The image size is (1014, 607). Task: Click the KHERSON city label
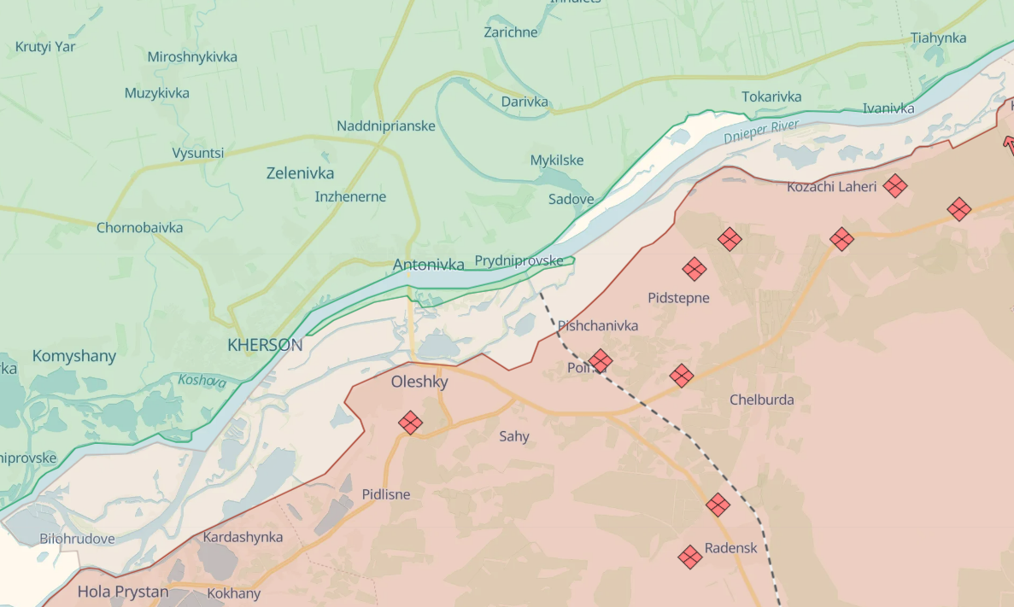pyautogui.click(x=265, y=345)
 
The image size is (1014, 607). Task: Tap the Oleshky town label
pyautogui.click(x=419, y=382)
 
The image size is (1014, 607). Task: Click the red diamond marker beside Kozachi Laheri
pyautogui.click(x=894, y=185)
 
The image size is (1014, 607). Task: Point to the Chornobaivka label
pyautogui.click(x=139, y=228)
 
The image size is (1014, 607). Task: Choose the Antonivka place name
pyautogui.click(x=429, y=265)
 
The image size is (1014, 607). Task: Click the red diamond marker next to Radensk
pyautogui.click(x=690, y=557)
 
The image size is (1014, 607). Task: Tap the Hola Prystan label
pyautogui.click(x=123, y=591)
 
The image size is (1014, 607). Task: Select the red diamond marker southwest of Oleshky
pyautogui.click(x=410, y=423)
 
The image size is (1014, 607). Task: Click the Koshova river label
pyautogui.click(x=202, y=381)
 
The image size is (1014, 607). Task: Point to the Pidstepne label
pyautogui.click(x=678, y=298)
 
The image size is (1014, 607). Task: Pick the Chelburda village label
pyautogui.click(x=761, y=400)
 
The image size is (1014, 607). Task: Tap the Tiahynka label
pyautogui.click(x=938, y=38)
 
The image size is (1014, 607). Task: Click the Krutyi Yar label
pyautogui.click(x=45, y=46)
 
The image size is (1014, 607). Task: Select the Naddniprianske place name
pyautogui.click(x=386, y=125)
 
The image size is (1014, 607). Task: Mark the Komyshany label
pyautogui.click(x=73, y=355)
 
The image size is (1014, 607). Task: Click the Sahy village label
pyautogui.click(x=514, y=436)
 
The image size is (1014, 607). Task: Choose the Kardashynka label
pyautogui.click(x=243, y=537)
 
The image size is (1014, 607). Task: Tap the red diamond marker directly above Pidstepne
pyautogui.click(x=695, y=270)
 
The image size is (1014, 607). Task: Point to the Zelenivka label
pyautogui.click(x=300, y=172)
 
